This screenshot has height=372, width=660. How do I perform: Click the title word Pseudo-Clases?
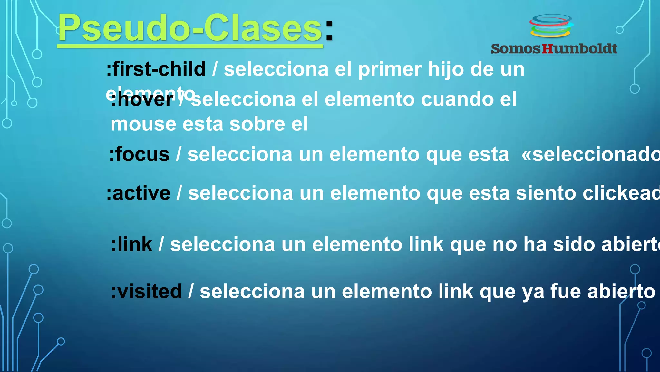[x=190, y=28]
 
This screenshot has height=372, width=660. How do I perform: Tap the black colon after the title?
[x=329, y=31]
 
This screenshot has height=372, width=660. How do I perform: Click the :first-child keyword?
[x=156, y=69]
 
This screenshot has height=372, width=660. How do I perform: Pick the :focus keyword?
[x=139, y=154]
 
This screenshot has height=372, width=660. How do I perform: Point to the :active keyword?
[x=139, y=193]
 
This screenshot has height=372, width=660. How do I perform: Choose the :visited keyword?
[x=146, y=291]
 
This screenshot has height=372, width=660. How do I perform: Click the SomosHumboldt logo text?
[x=554, y=49]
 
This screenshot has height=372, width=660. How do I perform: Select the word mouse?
[x=143, y=124]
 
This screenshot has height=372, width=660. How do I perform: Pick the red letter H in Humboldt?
[x=547, y=49]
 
